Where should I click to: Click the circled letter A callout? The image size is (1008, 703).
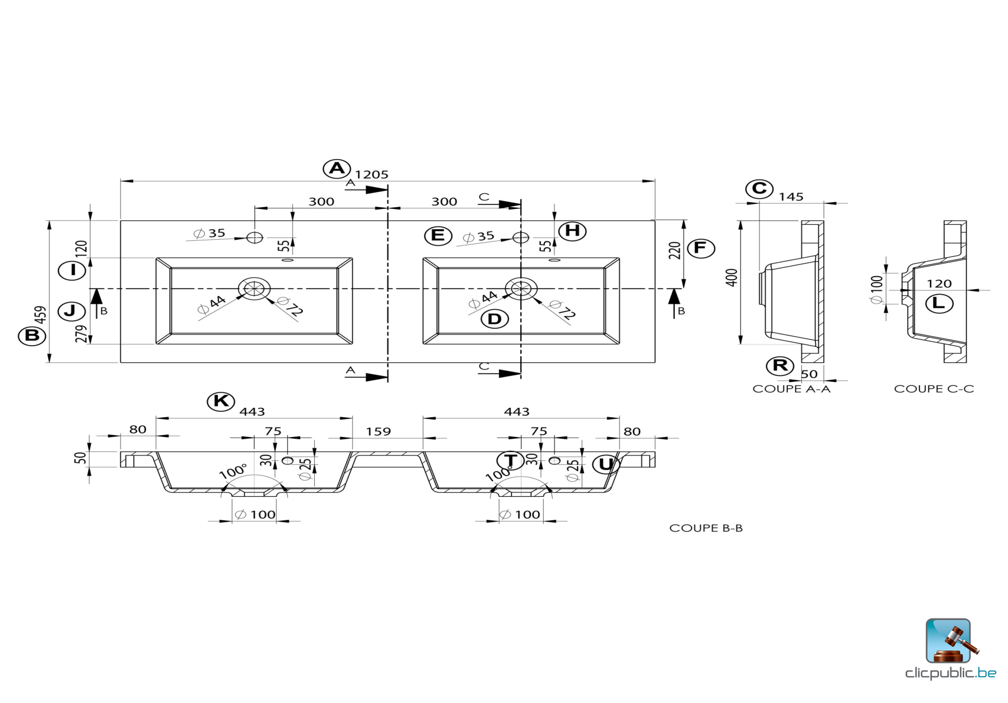coord(337,168)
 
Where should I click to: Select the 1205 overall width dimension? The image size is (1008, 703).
coord(371,175)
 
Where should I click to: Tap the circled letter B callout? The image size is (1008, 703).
coord(32,336)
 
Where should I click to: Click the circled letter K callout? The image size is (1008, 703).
coord(221,401)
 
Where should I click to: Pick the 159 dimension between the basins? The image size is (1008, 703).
coord(378,432)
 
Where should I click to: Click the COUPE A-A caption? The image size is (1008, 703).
coord(791,389)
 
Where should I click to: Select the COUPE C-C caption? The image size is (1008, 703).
coord(934,389)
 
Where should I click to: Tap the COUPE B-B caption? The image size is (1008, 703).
coord(706,528)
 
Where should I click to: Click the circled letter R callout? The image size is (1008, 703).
coord(780,366)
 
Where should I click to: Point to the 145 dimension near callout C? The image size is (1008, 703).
coord(791,197)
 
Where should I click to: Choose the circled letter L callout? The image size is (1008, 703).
coord(939,304)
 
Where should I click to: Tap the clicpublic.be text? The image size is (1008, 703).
coord(950,673)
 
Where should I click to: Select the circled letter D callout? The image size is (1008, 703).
coord(494,319)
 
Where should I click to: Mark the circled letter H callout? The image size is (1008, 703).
coord(572,231)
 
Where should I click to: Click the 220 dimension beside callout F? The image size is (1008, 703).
coord(675,250)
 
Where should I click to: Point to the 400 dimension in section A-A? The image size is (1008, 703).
coord(732,277)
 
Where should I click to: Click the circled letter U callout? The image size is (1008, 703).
coord(606,464)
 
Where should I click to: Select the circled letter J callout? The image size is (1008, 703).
coord(71,311)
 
